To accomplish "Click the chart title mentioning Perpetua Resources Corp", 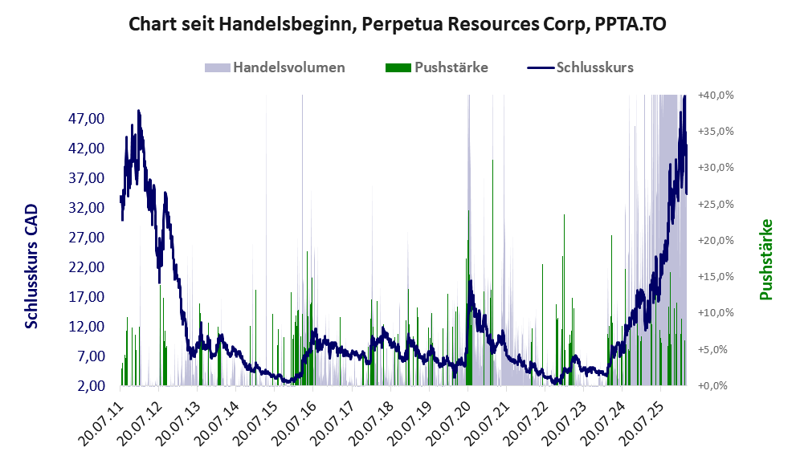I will point(398,25).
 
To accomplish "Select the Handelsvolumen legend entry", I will point(289,67).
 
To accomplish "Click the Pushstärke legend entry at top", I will point(451,67).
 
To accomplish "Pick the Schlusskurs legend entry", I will point(594,67).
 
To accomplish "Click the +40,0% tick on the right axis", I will point(716,95).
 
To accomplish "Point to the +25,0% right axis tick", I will point(716,204).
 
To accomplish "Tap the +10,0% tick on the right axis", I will point(716,313).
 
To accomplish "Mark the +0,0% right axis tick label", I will point(717,386).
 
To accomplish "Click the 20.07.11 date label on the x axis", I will point(103,418).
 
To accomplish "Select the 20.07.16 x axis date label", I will point(296,418).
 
